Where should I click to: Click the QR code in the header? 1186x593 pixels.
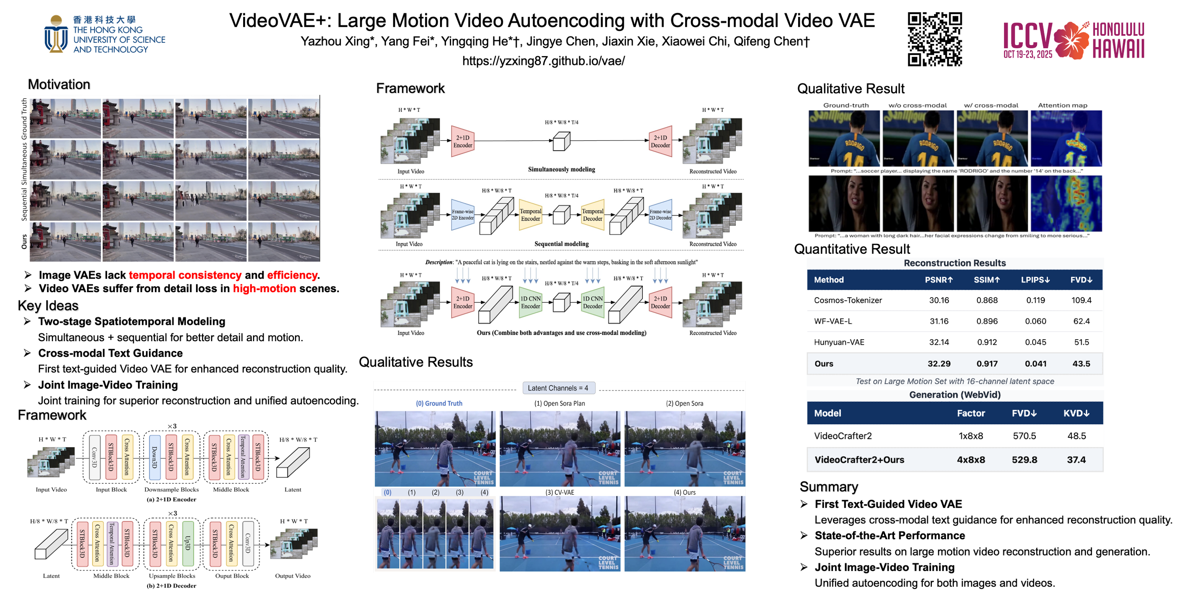click(934, 39)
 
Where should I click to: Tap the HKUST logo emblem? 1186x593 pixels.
click(56, 34)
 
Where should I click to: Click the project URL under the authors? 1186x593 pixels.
click(543, 61)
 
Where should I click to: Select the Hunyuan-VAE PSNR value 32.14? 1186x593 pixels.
click(939, 342)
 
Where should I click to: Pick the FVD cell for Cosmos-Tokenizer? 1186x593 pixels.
click(1081, 300)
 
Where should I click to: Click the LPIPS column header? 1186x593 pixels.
click(1035, 280)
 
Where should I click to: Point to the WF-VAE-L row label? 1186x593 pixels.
click(833, 321)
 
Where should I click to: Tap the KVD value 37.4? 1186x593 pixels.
click(1076, 459)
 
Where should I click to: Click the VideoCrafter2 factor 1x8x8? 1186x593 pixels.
click(971, 436)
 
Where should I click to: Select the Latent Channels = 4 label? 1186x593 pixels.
click(557, 388)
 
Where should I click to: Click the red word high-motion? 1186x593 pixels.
click(264, 289)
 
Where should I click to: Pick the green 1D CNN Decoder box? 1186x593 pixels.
click(593, 302)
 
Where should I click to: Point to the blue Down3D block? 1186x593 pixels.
click(155, 457)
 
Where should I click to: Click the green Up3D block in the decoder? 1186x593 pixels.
click(187, 543)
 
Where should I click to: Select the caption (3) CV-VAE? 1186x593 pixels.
click(559, 492)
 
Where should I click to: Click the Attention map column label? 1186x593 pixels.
click(1062, 106)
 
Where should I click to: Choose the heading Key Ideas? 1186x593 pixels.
click(48, 306)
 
